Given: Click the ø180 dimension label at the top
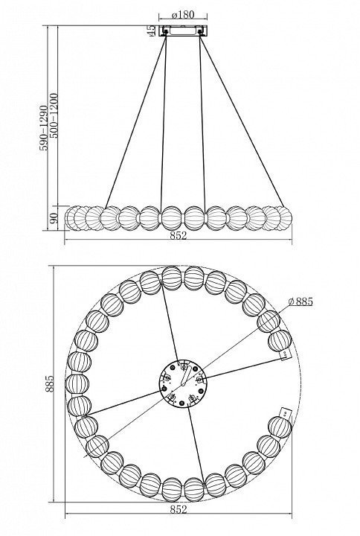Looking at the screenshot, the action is click(x=183, y=15).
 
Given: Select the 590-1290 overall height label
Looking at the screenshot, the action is click(x=43, y=128).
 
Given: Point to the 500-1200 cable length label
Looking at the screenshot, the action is click(x=54, y=115).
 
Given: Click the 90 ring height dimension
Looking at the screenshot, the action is click(x=54, y=218).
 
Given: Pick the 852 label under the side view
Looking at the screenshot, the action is click(x=179, y=235).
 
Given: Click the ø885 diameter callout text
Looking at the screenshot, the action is click(x=300, y=301).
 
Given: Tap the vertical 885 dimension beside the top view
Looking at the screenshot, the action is click(x=50, y=383).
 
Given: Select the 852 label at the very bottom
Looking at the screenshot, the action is click(x=179, y=509).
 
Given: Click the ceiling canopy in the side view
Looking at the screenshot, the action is click(x=183, y=31).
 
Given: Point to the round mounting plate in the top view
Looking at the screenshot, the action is click(x=184, y=383).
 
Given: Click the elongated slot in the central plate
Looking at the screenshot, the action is click(x=184, y=375).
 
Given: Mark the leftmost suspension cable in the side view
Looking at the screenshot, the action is click(x=136, y=121).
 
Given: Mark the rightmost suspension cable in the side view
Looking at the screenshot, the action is click(x=242, y=121).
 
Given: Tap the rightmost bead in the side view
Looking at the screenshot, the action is click(x=284, y=218).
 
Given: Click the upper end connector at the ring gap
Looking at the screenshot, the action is click(x=285, y=355).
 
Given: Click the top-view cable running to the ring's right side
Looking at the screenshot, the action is click(x=243, y=368).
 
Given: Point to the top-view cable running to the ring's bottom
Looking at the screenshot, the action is click(x=196, y=445).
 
